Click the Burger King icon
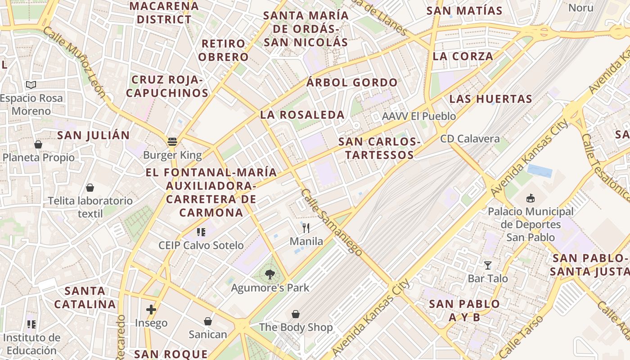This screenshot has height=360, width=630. (172, 142)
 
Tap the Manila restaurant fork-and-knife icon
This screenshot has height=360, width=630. (306, 228)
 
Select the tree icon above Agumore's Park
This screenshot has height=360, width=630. (270, 274)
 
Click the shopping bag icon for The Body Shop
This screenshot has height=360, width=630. (296, 314)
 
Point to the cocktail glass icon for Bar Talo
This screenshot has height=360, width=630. (487, 265)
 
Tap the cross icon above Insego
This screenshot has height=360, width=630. (151, 310)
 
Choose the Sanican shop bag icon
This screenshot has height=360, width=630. (208, 321)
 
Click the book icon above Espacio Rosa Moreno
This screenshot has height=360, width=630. (31, 85)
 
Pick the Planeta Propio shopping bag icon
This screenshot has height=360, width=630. (38, 144)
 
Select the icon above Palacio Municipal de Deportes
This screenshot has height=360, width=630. (531, 198)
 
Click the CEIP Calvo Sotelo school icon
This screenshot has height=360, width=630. (201, 232)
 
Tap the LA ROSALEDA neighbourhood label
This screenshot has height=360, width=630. (302, 115)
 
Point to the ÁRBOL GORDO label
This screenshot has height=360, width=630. (352, 83)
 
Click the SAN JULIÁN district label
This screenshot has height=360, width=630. (93, 135)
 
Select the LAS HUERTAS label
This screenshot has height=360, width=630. (490, 99)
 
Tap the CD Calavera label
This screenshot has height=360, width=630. (470, 139)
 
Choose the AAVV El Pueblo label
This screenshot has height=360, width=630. (418, 116)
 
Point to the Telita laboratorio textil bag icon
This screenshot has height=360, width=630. (90, 188)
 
